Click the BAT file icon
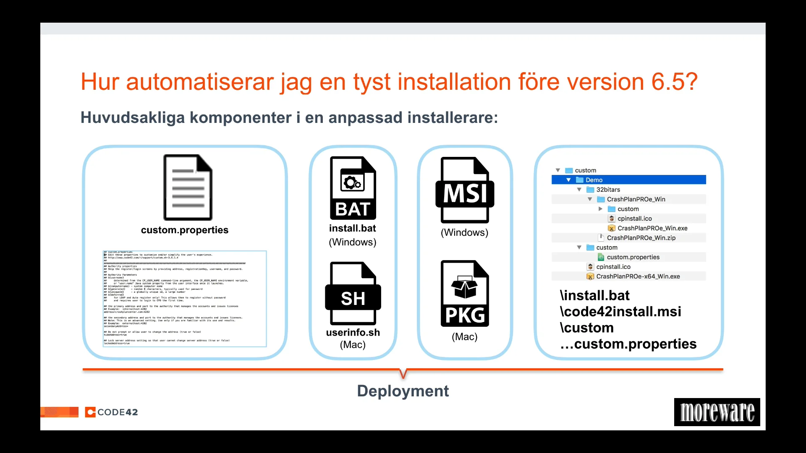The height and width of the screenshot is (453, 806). [353, 188]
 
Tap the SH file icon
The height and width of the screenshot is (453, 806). [353, 293]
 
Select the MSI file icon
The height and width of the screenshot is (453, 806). [465, 190]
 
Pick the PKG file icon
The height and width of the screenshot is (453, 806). [465, 293]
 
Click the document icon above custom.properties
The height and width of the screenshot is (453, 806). [188, 187]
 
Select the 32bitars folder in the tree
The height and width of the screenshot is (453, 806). [608, 190]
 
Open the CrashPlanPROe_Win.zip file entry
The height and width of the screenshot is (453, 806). [641, 238]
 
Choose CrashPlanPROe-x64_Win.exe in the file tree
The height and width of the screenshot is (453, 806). [638, 276]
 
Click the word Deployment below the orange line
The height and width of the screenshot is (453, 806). [403, 391]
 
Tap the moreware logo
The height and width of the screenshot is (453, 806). [717, 412]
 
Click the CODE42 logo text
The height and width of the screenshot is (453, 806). [117, 412]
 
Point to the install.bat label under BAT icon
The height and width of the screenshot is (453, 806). [353, 228]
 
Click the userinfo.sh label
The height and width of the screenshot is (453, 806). [353, 332]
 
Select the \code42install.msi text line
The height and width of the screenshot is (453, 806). [620, 312]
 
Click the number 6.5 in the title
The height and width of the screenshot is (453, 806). [669, 81]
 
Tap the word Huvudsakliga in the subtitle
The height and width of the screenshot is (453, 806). [133, 117]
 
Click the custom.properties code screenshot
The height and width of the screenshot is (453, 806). [185, 299]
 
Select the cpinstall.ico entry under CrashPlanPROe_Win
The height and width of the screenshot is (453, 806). [634, 219]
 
